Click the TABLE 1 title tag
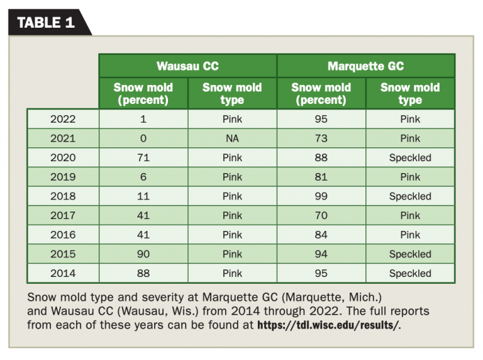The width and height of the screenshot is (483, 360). tap(46, 23)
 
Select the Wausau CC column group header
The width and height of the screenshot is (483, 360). tap(187, 66)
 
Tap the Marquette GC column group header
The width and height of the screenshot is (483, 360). tap(365, 66)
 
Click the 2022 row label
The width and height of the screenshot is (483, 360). tap(62, 119)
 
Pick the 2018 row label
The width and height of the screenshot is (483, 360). tap(62, 196)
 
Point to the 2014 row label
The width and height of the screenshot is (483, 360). tap(62, 274)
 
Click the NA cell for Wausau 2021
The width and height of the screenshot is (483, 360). tap(232, 138)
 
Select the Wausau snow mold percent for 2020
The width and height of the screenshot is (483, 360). tap(143, 158)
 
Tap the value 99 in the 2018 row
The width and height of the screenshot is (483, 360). tap(321, 196)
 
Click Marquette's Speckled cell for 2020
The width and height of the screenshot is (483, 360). tap(410, 158)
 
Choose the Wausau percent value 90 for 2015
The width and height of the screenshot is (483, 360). tap(143, 254)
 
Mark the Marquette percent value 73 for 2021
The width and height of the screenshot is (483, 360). tap(321, 138)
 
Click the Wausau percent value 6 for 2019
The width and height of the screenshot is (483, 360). tap(143, 177)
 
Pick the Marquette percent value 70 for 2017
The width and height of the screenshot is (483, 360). tap(321, 216)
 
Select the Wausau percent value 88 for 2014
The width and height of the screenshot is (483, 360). tap(143, 274)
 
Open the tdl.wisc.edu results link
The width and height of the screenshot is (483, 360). tap(328, 325)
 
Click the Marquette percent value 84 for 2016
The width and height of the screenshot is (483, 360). tap(321, 235)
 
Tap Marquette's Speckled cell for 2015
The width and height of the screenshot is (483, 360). tap(410, 254)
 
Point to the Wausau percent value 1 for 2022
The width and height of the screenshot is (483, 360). tap(143, 119)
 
